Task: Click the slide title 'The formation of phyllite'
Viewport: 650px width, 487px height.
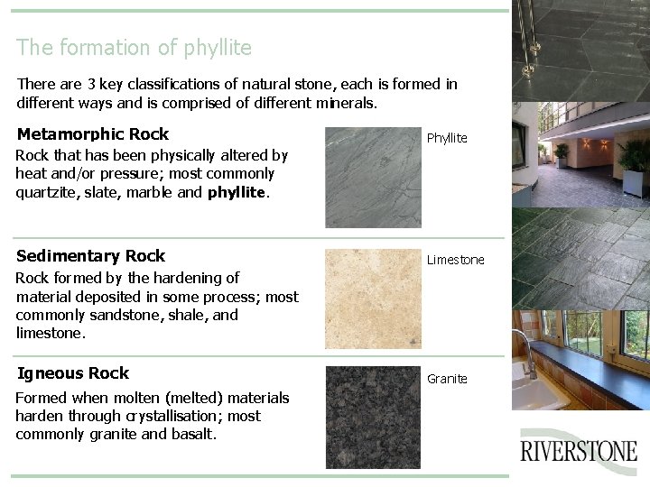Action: point(134,47)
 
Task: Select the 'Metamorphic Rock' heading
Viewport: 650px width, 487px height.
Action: point(92,134)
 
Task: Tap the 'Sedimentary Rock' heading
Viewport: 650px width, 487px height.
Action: point(90,256)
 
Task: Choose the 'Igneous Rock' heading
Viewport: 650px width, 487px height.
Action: point(73,373)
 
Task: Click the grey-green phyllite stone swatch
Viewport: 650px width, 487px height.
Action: point(373,178)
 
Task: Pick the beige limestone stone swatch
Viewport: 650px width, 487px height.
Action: point(373,299)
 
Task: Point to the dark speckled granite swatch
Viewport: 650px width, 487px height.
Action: point(373,417)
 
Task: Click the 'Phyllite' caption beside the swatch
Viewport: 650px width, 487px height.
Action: point(447,138)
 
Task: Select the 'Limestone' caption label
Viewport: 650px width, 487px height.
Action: point(455,260)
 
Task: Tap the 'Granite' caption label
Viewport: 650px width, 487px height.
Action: point(447,379)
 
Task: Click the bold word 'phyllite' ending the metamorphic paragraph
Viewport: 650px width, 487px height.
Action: point(237,192)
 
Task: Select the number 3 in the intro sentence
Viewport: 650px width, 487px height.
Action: point(91,84)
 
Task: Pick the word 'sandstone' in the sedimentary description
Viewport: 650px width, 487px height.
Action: point(125,315)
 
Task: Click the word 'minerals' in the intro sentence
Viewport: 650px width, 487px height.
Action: point(347,103)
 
